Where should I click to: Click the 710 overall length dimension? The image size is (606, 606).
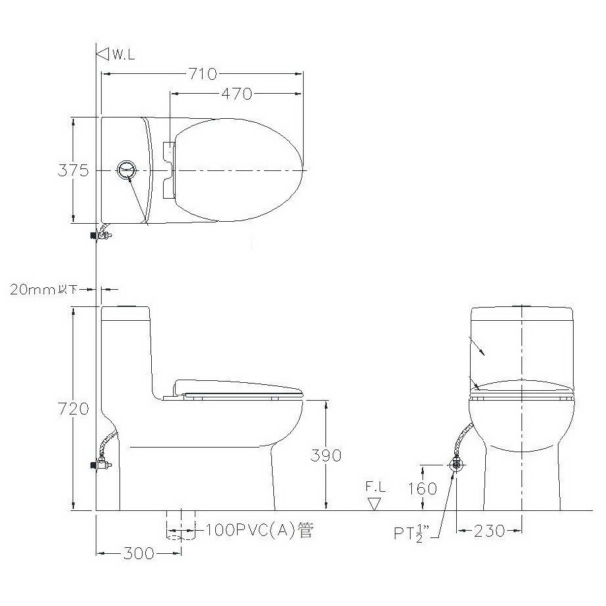[x=203, y=74]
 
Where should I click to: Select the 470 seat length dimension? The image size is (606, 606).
[x=236, y=94]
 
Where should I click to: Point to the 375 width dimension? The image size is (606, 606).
[x=73, y=170]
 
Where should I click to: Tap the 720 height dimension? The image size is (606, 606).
[x=73, y=409]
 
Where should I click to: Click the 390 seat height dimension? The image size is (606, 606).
[x=326, y=455]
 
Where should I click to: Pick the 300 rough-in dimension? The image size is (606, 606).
[x=139, y=554]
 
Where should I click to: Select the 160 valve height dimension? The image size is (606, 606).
[x=422, y=489]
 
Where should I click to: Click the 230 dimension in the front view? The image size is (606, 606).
[x=489, y=531]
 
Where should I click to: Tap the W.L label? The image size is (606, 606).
[x=123, y=55]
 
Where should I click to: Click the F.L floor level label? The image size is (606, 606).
[x=376, y=487]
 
